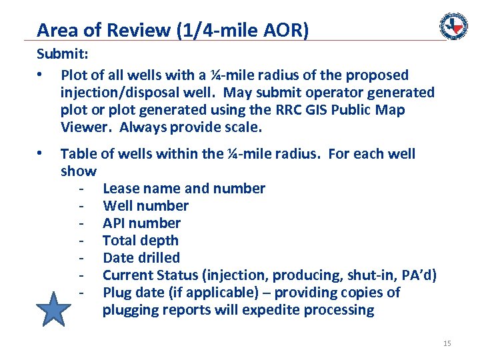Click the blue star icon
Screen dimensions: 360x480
pos(53,311)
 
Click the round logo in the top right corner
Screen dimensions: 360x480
pos(453,26)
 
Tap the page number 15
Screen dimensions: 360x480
pos(447,343)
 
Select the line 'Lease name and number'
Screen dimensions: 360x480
pos(183,189)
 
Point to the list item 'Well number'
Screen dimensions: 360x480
pos(145,206)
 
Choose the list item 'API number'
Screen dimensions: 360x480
pos(141,223)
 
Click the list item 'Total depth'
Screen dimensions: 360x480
pos(140,241)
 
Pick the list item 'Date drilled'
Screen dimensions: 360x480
pos(141,258)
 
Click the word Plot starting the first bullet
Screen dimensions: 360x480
pos(75,75)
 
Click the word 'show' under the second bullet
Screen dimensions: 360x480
pos(78,171)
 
